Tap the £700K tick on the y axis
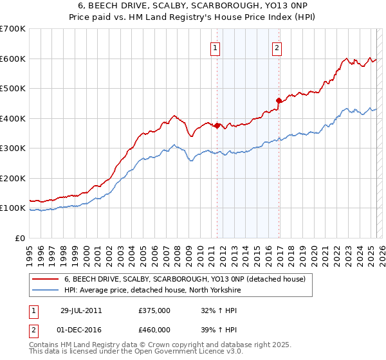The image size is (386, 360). tap(13, 29)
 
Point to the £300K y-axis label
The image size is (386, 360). tap(13, 148)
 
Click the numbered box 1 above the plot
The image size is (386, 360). tap(215, 46)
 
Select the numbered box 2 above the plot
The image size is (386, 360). tap(277, 46)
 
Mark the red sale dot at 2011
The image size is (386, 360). tap(217, 126)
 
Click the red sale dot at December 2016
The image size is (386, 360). tap(279, 100)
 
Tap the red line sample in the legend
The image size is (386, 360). tap(46, 279)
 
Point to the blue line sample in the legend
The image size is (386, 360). tap(46, 290)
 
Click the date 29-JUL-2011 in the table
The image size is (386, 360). tap(80, 310)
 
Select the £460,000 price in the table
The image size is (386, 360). tap(154, 330)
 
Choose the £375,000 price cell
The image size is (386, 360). tap(154, 310)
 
